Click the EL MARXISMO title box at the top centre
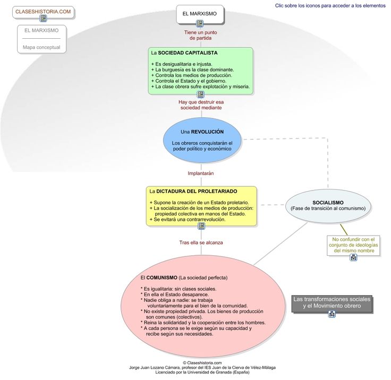tap(200, 14)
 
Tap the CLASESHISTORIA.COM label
tap(43, 12)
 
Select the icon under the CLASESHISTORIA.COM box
tap(43, 18)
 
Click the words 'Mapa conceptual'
tap(41, 47)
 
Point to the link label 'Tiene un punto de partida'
tap(200, 35)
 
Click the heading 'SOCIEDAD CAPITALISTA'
tap(188, 53)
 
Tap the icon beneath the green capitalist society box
tap(200, 94)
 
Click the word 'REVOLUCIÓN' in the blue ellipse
tap(207, 132)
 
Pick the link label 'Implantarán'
tap(201, 174)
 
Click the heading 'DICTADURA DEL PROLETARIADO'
tap(197, 192)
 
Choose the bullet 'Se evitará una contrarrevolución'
tap(188, 220)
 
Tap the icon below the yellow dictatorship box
tap(201, 226)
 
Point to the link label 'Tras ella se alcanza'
tap(201, 243)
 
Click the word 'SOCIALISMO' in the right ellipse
tap(328, 203)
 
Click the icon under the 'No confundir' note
tap(353, 257)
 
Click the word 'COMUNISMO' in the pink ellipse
tap(162, 278)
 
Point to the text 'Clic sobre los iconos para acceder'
tap(313, 5)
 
